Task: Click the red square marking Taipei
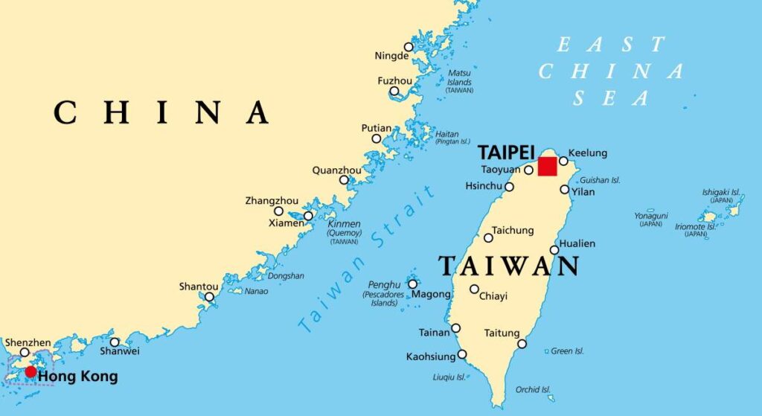pyautogui.click(x=547, y=167)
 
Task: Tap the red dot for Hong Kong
pyautogui.click(x=31, y=371)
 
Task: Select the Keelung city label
pyautogui.click(x=588, y=153)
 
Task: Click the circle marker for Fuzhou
pyautogui.click(x=394, y=92)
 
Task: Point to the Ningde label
pyautogui.click(x=391, y=56)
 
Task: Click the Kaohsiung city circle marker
pyautogui.click(x=462, y=354)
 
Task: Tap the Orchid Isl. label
pyautogui.click(x=533, y=389)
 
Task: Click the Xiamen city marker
pyautogui.click(x=308, y=216)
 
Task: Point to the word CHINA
pyautogui.click(x=161, y=112)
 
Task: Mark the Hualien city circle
pyautogui.click(x=554, y=250)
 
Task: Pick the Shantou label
pyautogui.click(x=199, y=287)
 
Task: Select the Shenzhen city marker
pyautogui.click(x=25, y=353)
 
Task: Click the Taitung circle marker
pyautogui.click(x=522, y=344)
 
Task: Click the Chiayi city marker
pyautogui.click(x=474, y=289)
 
